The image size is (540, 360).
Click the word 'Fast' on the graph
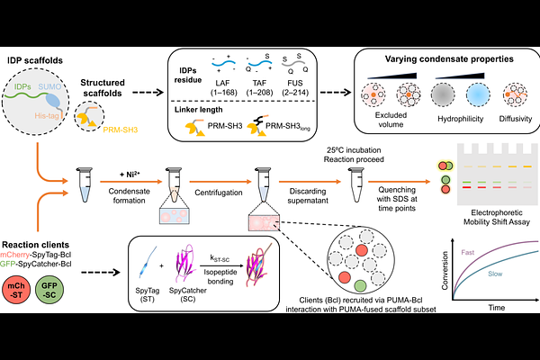coord(468,255)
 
